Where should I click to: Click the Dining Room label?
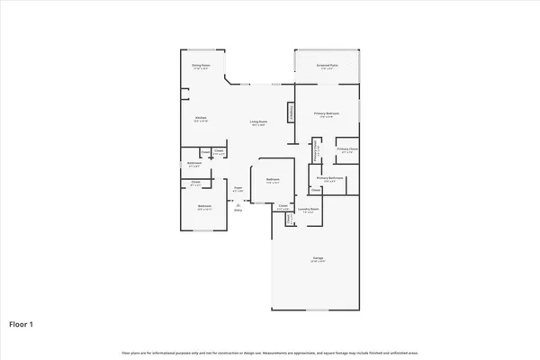200,67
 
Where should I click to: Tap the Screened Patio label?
327,67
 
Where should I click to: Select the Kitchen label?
202,118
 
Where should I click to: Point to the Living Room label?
259,122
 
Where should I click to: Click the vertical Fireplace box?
290,111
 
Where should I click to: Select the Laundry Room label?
308,211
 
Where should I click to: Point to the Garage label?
318,259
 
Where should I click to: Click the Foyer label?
238,190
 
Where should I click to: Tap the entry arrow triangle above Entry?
238,204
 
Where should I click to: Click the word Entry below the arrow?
238,211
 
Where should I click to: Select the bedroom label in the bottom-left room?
204,208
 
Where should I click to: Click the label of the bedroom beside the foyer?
273,181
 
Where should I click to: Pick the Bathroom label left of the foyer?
193,164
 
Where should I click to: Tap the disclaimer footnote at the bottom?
270,351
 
